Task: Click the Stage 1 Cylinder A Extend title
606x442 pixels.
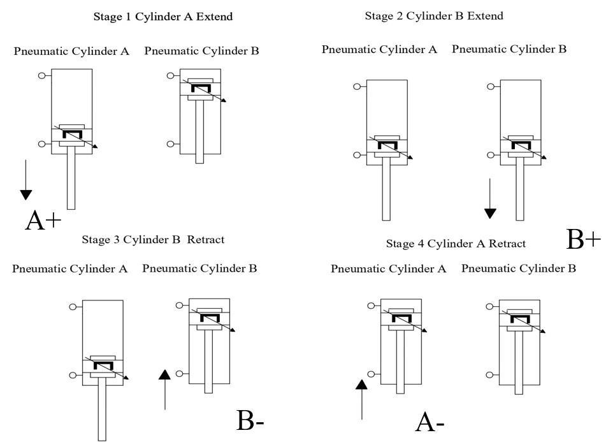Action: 163,17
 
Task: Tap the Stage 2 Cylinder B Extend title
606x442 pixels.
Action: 434,16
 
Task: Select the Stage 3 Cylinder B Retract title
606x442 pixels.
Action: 153,240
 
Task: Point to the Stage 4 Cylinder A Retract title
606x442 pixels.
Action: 456,243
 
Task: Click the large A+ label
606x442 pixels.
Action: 43,220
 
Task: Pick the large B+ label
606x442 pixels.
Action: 583,239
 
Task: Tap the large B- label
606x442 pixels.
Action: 250,421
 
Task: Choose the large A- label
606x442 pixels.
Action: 430,422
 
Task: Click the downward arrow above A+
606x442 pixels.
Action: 25,180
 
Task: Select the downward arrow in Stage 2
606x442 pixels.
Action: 489,198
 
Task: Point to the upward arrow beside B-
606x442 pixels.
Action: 165,389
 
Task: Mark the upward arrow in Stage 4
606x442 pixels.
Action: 362,399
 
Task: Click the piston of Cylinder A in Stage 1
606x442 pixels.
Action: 71,136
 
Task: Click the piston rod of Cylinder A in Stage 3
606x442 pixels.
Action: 101,408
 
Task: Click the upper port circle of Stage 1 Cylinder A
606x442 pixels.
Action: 42,75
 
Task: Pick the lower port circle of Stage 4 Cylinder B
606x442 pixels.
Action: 489,375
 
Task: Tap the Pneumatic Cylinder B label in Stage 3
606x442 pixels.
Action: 199,269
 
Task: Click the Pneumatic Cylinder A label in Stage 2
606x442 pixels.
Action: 379,49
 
